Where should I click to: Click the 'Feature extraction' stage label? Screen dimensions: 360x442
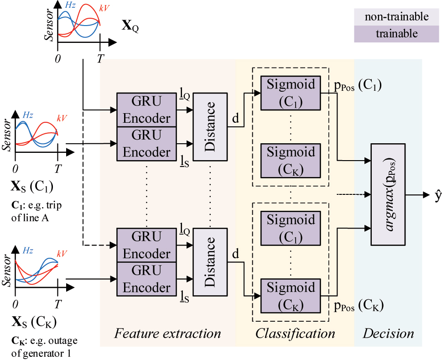pyautogui.click(x=168, y=334)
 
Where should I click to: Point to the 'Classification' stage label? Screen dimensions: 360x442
pyautogui.click(x=295, y=334)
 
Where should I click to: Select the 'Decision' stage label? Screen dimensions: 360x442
pyautogui.click(x=388, y=334)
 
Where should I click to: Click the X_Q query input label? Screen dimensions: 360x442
pyautogui.click(x=130, y=25)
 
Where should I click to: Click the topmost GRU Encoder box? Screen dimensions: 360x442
pyautogui.click(x=146, y=110)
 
